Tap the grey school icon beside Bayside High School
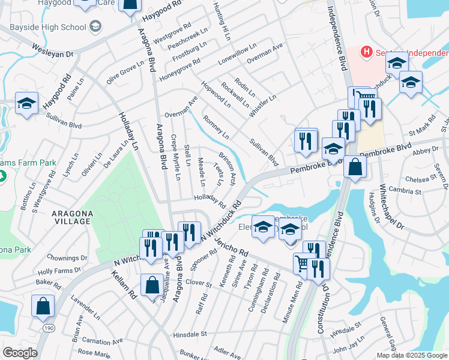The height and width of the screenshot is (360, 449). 94,27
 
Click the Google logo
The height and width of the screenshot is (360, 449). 20,353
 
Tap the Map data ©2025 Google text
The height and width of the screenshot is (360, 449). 412,355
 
